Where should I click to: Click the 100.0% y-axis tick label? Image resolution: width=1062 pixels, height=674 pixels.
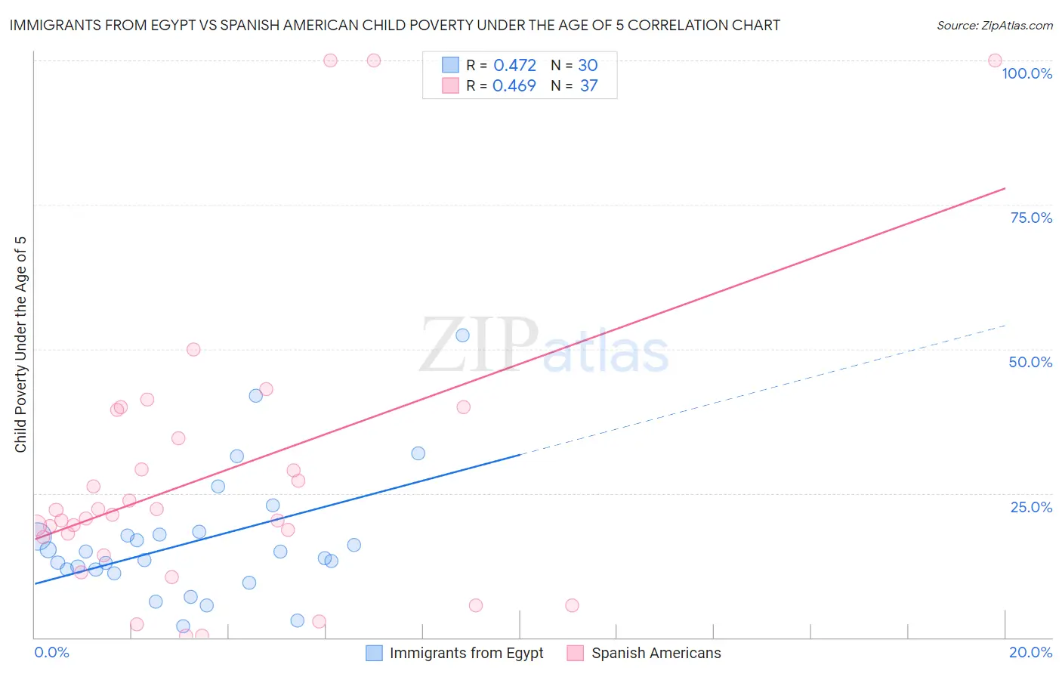(1026, 73)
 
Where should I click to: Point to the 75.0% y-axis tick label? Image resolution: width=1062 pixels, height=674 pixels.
(1031, 218)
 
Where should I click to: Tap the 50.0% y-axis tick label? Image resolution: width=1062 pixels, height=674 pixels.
(1030, 362)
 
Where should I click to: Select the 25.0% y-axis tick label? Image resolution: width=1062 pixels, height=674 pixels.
(1031, 507)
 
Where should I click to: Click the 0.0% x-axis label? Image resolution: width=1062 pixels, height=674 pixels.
(51, 652)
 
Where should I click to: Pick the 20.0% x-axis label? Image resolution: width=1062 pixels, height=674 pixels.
(1030, 652)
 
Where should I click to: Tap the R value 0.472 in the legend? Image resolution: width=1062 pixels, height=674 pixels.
(514, 66)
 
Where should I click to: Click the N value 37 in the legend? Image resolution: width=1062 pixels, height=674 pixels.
(588, 86)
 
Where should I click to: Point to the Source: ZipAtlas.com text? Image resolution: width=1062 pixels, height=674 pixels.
(994, 26)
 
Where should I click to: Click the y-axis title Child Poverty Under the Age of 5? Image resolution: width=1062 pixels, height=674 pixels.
(21, 344)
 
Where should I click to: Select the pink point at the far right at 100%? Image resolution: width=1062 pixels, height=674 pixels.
(995, 60)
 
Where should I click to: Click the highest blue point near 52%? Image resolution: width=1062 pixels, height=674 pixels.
(463, 335)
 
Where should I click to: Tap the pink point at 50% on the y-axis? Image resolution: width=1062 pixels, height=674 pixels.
(193, 349)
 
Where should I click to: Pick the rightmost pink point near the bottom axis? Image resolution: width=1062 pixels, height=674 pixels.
(572, 605)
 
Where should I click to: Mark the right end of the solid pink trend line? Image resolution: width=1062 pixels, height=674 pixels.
(1005, 188)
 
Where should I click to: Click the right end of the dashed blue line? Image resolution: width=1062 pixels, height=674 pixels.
(1005, 325)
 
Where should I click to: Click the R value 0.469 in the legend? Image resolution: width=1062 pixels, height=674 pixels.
(514, 86)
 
